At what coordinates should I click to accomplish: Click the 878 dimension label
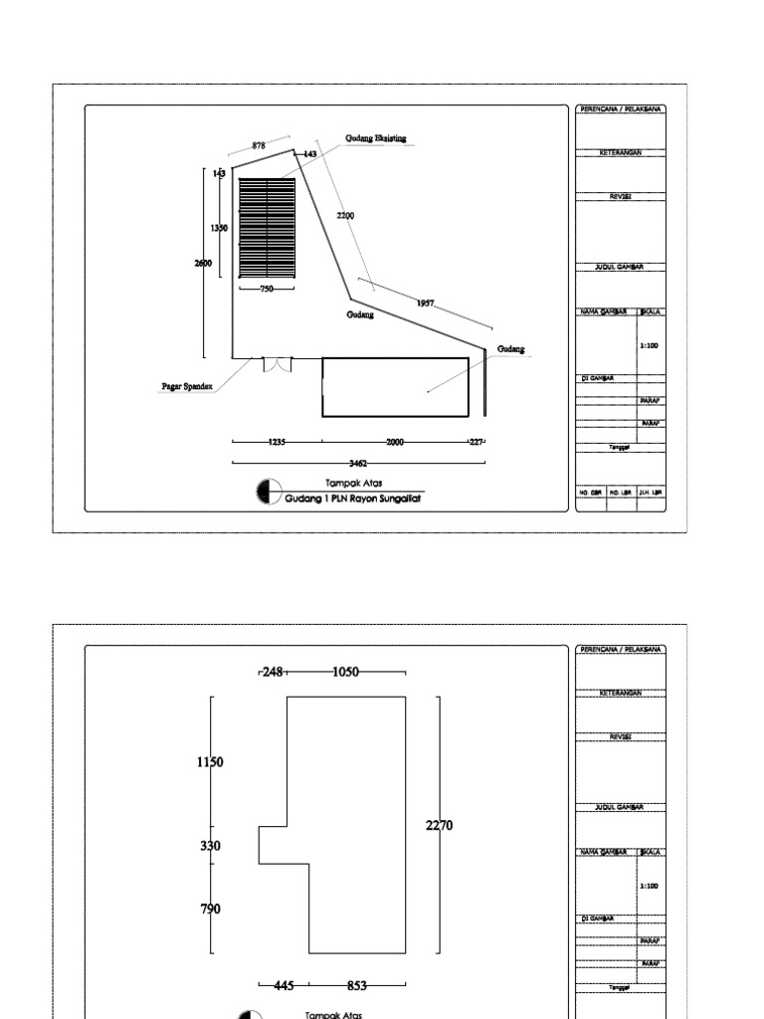coord(259,145)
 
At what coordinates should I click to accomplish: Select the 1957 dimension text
coord(426,304)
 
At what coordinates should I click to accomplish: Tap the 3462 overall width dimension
coord(359,463)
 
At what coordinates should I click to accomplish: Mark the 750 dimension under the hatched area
coord(267,289)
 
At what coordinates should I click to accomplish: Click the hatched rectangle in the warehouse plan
coord(267,230)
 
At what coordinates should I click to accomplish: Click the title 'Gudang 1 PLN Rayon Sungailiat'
coord(353,499)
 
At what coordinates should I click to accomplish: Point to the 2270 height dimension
coord(439,825)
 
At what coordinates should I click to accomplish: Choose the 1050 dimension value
coord(346,673)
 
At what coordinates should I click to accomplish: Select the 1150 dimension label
coord(210,762)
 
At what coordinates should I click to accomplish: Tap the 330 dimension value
coord(210,846)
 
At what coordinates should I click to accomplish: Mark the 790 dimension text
coord(210,909)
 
